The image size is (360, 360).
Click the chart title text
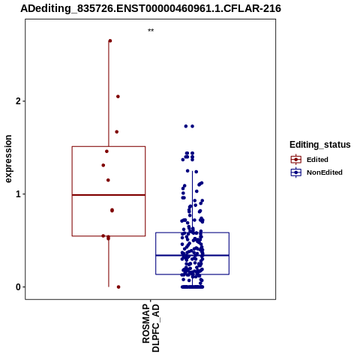[x=151, y=8]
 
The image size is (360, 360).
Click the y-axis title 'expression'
[x=8, y=159]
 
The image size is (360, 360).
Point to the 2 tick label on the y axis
[x=18, y=101]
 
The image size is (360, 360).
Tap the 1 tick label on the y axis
[x=18, y=194]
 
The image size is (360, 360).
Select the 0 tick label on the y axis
[x=18, y=287]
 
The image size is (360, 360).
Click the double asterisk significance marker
[x=151, y=31]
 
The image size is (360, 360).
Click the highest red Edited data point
[x=110, y=40]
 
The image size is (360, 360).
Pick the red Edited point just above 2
[x=118, y=97]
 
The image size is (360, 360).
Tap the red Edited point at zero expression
[x=118, y=287]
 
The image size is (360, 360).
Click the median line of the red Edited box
[x=109, y=195]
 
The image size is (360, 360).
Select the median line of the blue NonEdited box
[x=193, y=255]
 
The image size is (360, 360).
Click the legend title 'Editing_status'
[x=320, y=145]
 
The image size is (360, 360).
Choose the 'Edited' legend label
[x=317, y=160]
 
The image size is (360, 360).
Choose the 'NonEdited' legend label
[x=325, y=172]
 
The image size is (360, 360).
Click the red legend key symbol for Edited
[x=296, y=160]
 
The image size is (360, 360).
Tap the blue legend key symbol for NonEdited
[x=296, y=172]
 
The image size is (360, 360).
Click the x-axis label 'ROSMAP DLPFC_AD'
[x=151, y=328]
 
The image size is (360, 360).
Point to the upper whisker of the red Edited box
[x=109, y=94]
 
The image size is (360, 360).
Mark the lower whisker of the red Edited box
[x=109, y=262]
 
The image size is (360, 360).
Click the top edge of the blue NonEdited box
[x=193, y=232]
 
